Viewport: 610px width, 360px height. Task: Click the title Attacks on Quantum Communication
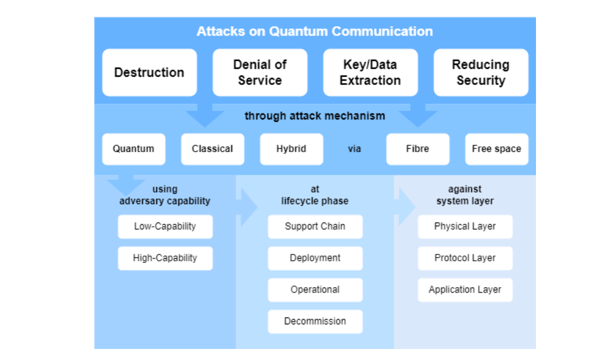pos(314,31)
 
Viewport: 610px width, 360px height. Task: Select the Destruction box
pos(149,72)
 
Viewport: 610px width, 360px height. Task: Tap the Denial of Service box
pos(260,72)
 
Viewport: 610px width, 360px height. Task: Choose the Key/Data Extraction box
pos(370,72)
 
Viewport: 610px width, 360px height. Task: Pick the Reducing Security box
pos(480,72)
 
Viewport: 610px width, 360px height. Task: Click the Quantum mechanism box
pos(133,149)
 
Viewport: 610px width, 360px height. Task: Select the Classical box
pos(212,149)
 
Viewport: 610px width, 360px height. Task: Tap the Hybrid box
pos(291,149)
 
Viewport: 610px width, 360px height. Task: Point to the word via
pos(354,149)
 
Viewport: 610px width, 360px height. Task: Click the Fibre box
pos(417,149)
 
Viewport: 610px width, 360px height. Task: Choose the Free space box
pos(496,149)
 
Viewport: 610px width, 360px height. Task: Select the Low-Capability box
pos(165,227)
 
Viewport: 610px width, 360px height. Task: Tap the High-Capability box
pos(165,258)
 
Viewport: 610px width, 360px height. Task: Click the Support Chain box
pos(315,227)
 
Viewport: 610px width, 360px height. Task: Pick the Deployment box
pos(315,258)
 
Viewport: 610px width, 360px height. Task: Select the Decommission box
pos(315,321)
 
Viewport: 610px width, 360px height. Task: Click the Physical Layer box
pos(465,227)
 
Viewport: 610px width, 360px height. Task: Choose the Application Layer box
pos(465,290)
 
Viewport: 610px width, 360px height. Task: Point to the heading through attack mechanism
pos(314,116)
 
